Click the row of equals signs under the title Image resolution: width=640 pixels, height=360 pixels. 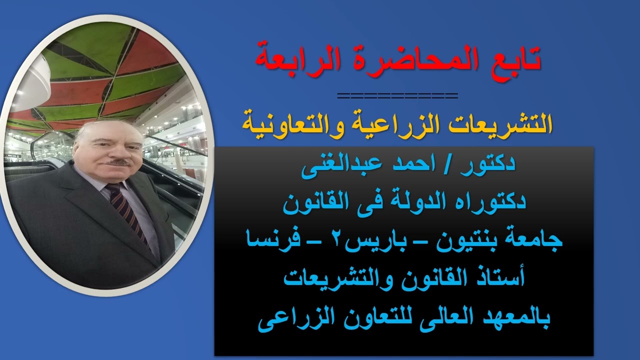point(397,95)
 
